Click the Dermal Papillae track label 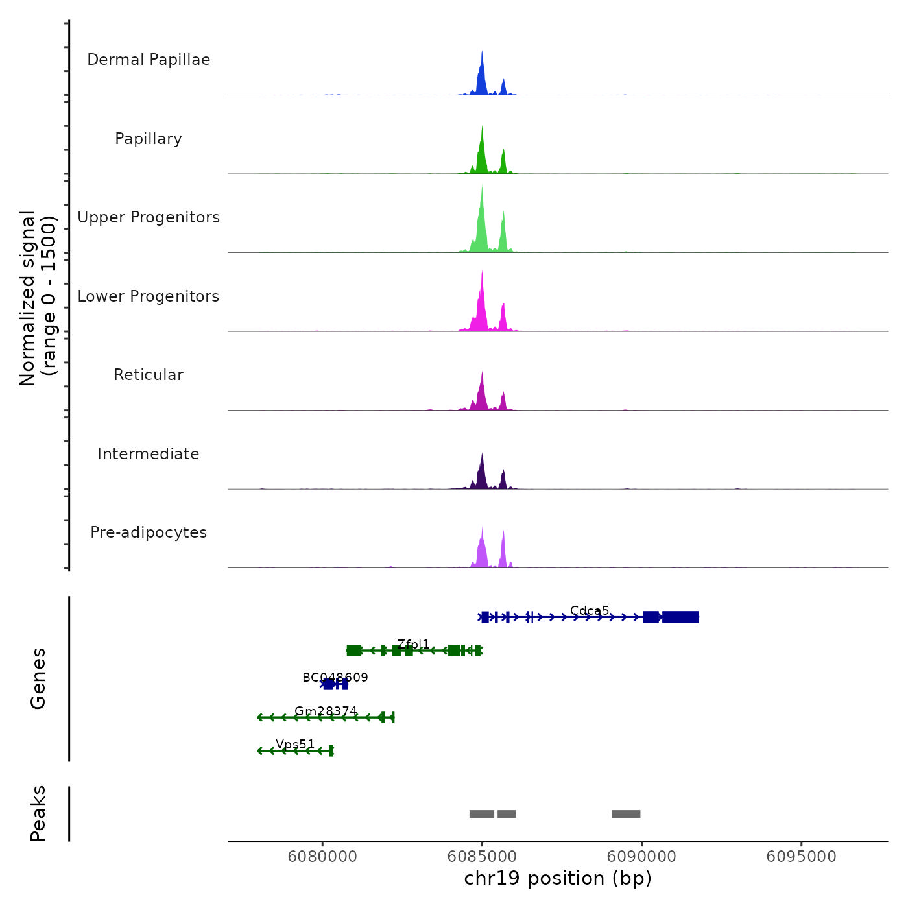[149, 60]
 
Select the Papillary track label [149, 139]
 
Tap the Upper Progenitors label [149, 217]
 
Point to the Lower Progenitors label [149, 296]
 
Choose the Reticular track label [149, 375]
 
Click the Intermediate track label [149, 454]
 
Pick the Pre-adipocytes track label [149, 532]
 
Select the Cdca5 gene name [590, 610]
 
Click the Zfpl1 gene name [413, 644]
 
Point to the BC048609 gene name [335, 678]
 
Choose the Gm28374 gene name [326, 711]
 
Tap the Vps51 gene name [295, 745]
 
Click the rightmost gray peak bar [626, 814]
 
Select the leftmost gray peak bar [482, 814]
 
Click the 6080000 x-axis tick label [322, 857]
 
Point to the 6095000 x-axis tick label [801, 857]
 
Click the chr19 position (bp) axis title [558, 879]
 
